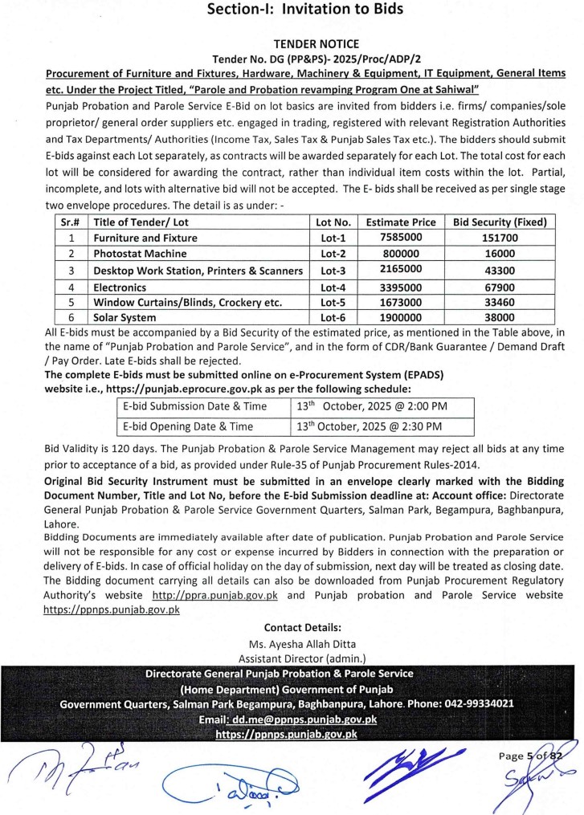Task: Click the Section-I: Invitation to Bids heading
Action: tap(304, 10)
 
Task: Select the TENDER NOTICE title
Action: tap(305, 44)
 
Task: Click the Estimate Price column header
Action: tap(401, 222)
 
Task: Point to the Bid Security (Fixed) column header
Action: tap(500, 222)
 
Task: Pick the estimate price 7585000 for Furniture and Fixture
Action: tap(401, 238)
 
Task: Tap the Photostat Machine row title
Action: tap(140, 255)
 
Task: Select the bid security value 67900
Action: tap(500, 287)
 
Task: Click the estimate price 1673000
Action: tap(401, 303)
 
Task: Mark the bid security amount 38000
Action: tap(500, 319)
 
